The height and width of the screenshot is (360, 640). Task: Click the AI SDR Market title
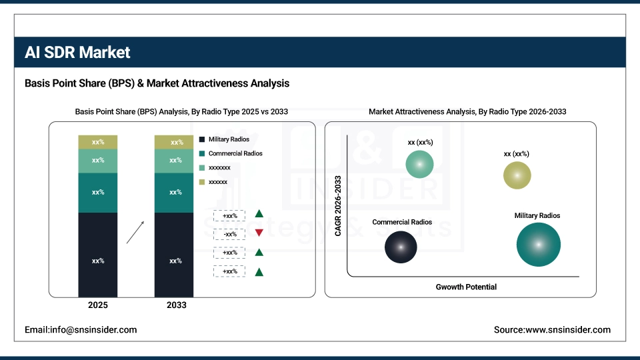coord(77,53)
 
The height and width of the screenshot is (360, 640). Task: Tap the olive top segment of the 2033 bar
coord(174,142)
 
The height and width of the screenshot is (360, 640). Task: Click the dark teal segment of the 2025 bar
coord(98,193)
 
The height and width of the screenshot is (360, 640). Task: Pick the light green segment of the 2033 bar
coord(174,161)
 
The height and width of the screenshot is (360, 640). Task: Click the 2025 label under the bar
coord(98,305)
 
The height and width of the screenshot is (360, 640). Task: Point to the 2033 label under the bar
coord(175,305)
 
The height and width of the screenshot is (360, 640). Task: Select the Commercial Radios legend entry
coord(231,153)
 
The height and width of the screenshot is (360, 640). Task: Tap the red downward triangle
coord(259,233)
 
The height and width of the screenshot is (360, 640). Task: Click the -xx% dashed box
coord(230,234)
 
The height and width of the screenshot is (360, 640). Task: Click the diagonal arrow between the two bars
coord(135,233)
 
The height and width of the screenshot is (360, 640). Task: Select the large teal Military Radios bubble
coord(538,245)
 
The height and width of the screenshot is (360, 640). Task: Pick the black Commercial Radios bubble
coord(401,247)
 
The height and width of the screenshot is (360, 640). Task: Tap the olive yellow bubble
coord(517,175)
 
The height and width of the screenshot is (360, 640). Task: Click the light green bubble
coord(419,164)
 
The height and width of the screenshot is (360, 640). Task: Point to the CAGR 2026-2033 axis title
coord(338,205)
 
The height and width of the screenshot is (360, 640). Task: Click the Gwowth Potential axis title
coord(466,287)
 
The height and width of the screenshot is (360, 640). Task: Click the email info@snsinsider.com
coord(81,329)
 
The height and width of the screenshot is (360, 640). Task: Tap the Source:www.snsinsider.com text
coord(552,329)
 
